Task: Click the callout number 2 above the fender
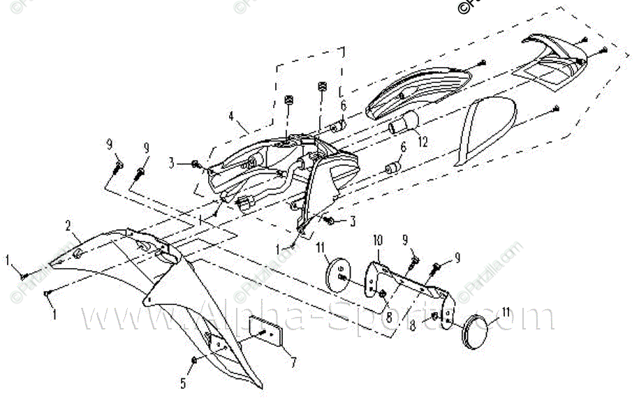coord(68,225)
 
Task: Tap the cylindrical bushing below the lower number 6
coord(392,170)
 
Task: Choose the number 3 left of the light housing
coord(172,164)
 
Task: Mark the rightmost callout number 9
coord(458,258)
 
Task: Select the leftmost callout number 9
coord(110,145)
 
